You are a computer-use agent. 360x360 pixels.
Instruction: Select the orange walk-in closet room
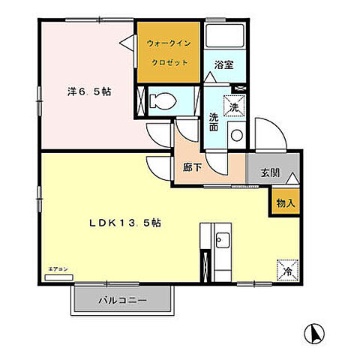tap(169, 52)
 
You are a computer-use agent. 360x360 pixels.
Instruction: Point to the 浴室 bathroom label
tap(223, 64)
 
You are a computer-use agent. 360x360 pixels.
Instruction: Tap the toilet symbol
tap(163, 100)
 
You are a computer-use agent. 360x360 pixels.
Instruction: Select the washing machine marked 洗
tap(234, 107)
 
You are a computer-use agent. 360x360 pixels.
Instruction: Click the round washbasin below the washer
tap(235, 136)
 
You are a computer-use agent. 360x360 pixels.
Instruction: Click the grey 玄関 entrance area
tap(271, 172)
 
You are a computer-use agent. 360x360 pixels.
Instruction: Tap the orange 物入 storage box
tap(285, 202)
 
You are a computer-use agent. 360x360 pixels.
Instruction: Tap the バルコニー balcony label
tap(123, 301)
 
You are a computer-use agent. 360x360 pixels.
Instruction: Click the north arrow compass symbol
tap(314, 331)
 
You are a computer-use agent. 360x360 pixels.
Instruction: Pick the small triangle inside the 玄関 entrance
tap(292, 180)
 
